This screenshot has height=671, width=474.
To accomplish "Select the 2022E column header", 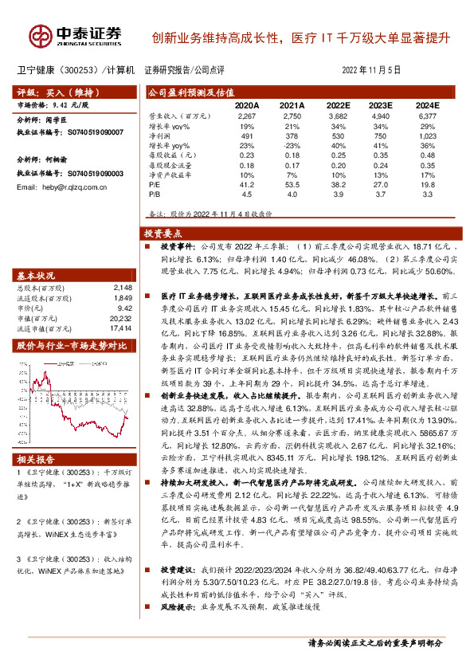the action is pyautogui.click(x=338, y=104).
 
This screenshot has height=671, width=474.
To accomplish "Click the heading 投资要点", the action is pyautogui.click(x=163, y=234).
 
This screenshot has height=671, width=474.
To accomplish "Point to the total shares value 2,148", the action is pyautogui.click(x=121, y=288).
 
